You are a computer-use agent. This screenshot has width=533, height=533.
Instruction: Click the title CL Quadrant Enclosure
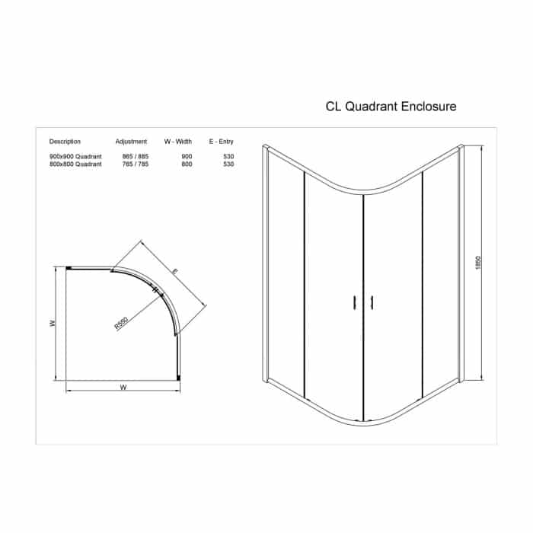391,107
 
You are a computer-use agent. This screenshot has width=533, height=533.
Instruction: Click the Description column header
65,142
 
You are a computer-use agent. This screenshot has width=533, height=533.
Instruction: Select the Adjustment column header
131,142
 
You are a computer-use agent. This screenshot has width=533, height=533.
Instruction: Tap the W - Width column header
177,142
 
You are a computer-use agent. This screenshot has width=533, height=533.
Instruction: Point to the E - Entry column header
222,142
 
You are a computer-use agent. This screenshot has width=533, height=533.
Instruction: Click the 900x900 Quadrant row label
75,156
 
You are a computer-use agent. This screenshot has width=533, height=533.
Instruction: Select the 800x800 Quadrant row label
75,164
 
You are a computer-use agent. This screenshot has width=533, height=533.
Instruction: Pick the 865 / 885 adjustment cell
136,156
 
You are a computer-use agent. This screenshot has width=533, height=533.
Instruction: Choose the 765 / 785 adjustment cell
136,164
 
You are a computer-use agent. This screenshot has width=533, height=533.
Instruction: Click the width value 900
187,156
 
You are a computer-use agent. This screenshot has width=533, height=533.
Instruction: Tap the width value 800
187,164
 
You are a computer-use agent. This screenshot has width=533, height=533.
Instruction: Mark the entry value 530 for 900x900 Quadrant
228,156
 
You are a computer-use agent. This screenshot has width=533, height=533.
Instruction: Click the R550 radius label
121,324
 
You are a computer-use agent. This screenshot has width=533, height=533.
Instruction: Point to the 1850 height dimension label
478,263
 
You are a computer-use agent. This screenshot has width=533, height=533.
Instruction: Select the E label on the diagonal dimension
174,271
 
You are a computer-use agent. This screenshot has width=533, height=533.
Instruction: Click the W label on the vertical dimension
53,324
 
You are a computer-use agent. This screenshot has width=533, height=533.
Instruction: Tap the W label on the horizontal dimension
123,387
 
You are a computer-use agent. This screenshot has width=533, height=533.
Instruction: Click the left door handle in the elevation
355,302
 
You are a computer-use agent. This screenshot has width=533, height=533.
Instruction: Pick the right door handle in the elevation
372,302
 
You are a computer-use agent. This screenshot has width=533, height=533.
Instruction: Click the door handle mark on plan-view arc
155,290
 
